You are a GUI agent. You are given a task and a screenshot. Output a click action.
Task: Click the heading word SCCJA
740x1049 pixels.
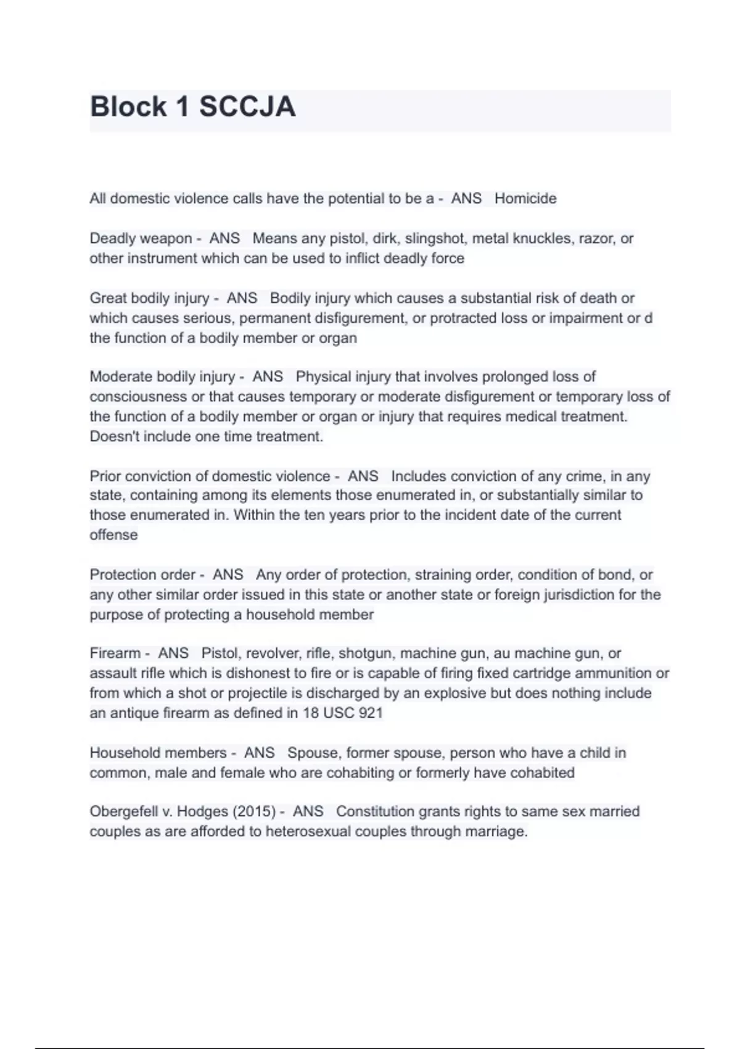click(x=247, y=107)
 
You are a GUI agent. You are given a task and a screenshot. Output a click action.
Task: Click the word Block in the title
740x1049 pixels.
click(x=128, y=107)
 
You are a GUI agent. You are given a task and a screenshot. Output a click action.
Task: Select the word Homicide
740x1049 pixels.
click(x=525, y=198)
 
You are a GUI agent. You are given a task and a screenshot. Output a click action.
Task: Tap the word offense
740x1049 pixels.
click(x=113, y=534)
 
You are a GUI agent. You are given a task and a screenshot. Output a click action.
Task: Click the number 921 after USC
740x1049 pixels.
click(x=370, y=713)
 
